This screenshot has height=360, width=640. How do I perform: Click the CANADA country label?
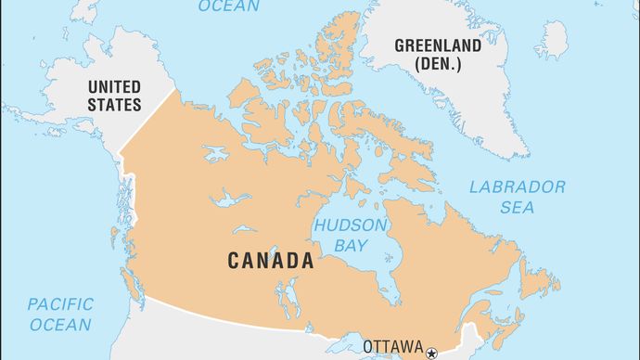point(271,261)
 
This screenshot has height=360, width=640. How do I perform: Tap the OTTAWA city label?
point(392,346)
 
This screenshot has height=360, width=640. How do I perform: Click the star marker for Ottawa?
point(431,351)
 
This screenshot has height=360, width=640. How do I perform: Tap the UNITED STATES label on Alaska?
point(114,96)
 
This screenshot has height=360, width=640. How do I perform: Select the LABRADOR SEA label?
point(517,197)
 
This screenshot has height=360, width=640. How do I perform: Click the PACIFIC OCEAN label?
point(59,315)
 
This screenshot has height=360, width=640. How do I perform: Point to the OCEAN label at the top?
point(228,7)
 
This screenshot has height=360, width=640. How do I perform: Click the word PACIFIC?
point(59,304)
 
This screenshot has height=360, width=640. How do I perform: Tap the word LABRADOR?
point(517,186)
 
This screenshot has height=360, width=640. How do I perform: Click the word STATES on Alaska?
point(114,105)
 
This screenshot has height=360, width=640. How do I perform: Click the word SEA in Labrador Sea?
point(517,208)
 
